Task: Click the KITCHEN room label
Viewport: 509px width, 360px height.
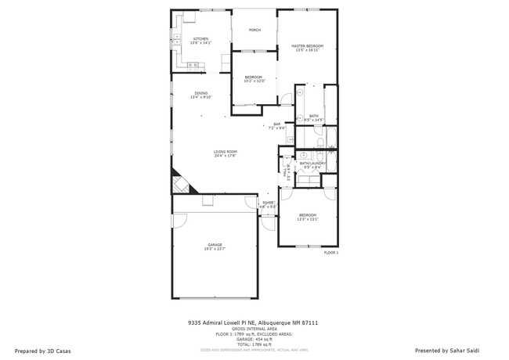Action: pyautogui.click(x=201, y=39)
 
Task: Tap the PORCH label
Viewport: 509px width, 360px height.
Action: pyautogui.click(x=254, y=31)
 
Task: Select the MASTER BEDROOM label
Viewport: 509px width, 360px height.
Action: pyautogui.click(x=308, y=46)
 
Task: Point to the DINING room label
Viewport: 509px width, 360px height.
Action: pyautogui.click(x=201, y=94)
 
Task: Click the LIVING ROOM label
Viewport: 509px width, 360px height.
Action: pyautogui.click(x=226, y=152)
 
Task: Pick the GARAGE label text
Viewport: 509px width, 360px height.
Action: pyautogui.click(x=215, y=245)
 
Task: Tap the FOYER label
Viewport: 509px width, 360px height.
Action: pyautogui.click(x=268, y=202)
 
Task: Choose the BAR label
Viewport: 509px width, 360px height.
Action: pyautogui.click(x=276, y=124)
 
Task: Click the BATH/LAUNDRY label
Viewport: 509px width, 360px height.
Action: pyautogui.click(x=312, y=164)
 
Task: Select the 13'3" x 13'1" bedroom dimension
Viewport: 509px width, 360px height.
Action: pyautogui.click(x=307, y=219)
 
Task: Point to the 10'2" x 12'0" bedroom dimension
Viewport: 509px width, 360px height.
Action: pyautogui.click(x=254, y=81)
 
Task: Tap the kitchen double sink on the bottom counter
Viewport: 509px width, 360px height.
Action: pyautogui.click(x=192, y=64)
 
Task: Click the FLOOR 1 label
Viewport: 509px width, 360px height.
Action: pyautogui.click(x=330, y=253)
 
